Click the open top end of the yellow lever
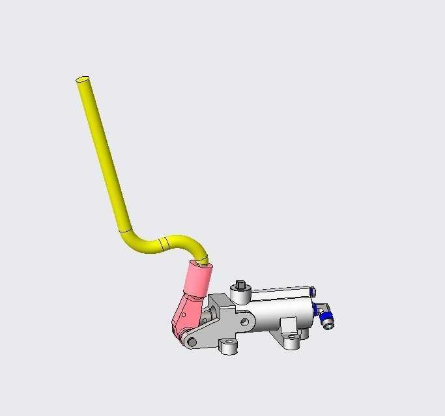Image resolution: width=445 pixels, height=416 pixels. [83, 79]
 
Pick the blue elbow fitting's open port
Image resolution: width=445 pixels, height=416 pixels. [328, 320]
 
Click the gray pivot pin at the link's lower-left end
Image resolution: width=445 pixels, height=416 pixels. [192, 342]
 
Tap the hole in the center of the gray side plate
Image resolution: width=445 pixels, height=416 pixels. [244, 322]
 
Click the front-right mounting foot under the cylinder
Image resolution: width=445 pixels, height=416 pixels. [291, 340]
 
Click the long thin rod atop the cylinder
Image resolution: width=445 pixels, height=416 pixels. [280, 291]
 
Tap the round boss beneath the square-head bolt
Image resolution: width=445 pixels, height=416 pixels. [239, 296]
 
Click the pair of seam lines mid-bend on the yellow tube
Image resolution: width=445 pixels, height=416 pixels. [164, 244]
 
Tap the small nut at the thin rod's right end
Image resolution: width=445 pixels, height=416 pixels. [312, 290]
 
